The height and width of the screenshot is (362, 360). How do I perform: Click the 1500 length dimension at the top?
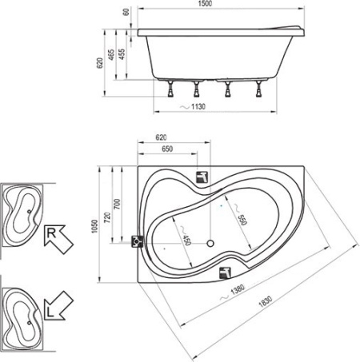coord(220,5)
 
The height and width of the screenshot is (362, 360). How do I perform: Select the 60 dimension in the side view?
coord(126,14)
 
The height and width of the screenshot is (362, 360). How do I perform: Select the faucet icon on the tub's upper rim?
coord(202,177)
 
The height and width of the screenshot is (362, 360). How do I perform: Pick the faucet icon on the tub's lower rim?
coord(225,271)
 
